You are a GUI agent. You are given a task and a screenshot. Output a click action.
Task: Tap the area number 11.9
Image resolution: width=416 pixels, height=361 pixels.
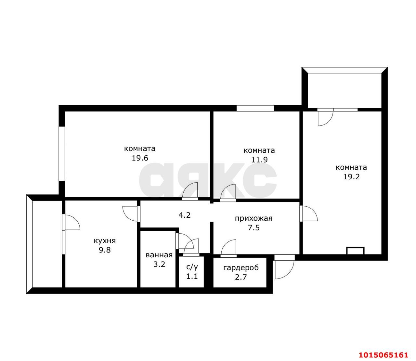[259, 160]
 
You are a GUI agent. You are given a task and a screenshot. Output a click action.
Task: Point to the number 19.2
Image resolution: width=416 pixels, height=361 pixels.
[352, 177]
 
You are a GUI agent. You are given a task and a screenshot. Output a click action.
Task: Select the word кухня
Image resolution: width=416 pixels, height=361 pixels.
[105, 241]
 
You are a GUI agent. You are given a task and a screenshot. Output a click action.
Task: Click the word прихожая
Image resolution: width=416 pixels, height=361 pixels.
[253, 218]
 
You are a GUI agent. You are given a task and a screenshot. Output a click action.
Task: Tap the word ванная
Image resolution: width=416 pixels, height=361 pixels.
[159, 255]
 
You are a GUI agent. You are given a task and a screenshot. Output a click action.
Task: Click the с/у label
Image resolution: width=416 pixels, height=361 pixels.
[192, 267]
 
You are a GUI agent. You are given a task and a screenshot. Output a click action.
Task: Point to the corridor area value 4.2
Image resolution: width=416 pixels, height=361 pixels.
[184, 215]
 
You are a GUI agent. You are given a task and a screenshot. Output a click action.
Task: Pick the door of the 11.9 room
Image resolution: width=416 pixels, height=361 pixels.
[228, 192]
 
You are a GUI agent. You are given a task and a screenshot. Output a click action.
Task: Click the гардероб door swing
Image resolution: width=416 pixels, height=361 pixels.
[228, 247]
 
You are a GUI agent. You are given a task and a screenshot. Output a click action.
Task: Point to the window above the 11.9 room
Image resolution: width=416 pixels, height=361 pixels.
[255, 108]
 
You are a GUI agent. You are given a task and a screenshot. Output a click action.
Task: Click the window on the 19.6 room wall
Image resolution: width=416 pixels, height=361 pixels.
[62, 153]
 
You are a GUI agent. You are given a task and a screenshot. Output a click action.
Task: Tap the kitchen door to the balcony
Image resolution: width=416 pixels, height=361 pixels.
[71, 222]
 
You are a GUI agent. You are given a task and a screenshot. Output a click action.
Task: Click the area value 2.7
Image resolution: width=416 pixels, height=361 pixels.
[241, 277]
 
